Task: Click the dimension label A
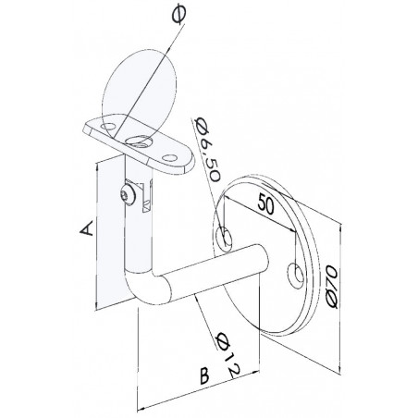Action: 87,228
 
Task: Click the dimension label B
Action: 204,375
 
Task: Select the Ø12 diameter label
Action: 228,355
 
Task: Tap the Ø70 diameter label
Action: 333,287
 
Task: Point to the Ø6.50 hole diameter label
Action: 207,151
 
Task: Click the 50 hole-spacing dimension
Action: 265,203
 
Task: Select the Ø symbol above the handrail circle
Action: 179,15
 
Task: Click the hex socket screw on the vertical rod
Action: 128,195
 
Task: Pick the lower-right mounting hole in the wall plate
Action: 296,276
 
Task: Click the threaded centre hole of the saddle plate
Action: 139,141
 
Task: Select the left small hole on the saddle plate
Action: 108,126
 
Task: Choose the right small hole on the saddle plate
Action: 169,158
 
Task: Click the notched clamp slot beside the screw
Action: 146,196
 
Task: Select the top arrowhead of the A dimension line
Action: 97,166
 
